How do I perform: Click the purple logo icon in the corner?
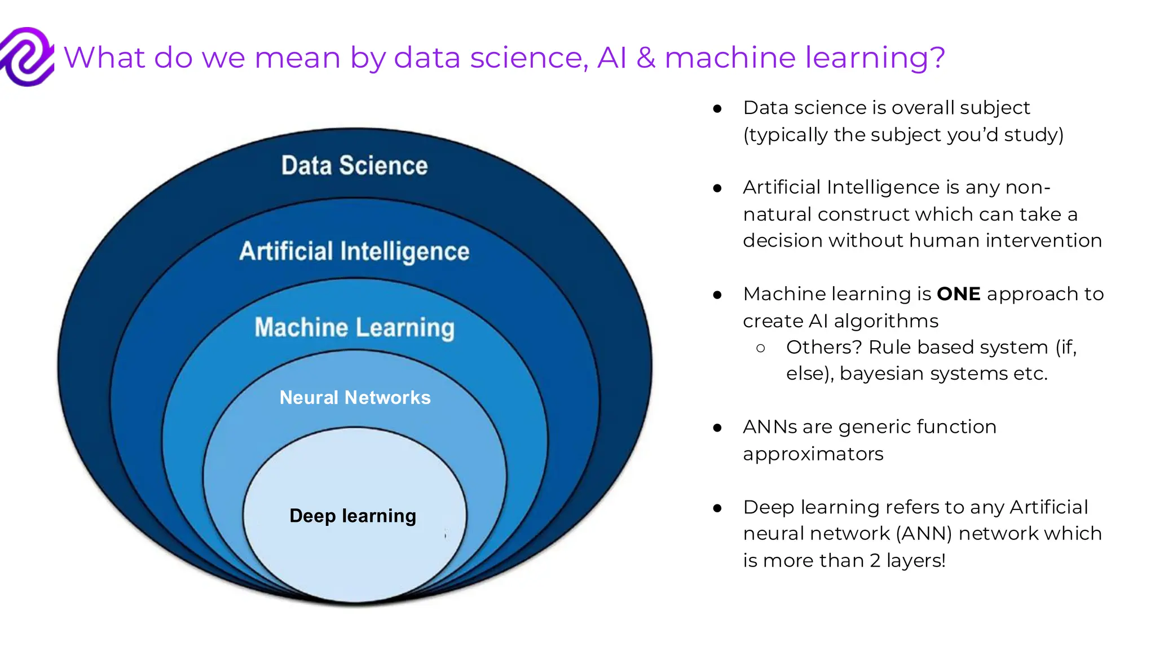[27, 56]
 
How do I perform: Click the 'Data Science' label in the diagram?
[354, 166]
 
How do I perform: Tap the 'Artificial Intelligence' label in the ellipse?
[354, 252]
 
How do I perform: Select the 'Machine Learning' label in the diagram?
[354, 328]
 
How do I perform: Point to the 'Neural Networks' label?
[355, 398]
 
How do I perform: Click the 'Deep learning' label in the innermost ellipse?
[352, 516]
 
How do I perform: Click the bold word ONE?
[958, 294]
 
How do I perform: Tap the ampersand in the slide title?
[646, 58]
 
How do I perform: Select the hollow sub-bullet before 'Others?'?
[761, 348]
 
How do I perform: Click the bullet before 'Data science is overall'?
[717, 108]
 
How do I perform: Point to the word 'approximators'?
[813, 454]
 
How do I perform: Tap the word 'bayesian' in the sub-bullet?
[881, 374]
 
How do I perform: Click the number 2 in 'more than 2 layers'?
[875, 561]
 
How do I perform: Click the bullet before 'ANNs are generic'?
[717, 428]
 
